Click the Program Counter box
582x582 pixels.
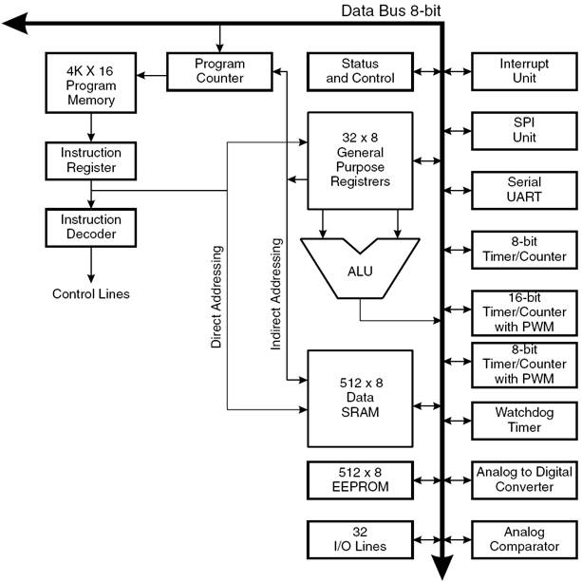pos(219,71)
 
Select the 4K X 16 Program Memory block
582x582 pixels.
pos(91,83)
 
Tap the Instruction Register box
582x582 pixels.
pos(91,160)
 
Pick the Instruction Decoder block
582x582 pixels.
pos(91,228)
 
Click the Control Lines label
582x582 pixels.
pos(91,294)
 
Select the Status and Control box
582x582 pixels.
pos(360,71)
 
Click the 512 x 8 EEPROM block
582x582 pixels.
pos(360,480)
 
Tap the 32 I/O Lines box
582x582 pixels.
pos(360,539)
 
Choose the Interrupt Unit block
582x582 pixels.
pos(524,71)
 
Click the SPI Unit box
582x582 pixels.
pos(524,131)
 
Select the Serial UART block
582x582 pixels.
pos(524,191)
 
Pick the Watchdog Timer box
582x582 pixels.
pos(524,421)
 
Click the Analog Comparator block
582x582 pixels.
pos(524,539)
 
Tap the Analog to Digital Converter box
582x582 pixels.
pos(524,480)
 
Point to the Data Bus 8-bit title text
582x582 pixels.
pos(391,10)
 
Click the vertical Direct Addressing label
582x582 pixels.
pos(216,296)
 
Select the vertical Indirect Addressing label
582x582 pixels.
pos(275,294)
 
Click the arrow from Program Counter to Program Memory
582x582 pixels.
pos(152,75)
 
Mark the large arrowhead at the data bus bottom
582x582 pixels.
pos(442,567)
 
